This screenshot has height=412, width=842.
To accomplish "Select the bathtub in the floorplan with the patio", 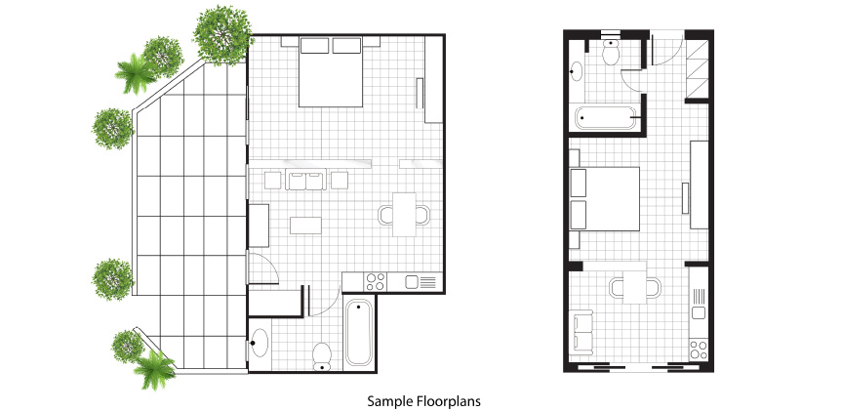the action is click(359, 333).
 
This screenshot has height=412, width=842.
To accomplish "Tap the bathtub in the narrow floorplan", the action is click(605, 118).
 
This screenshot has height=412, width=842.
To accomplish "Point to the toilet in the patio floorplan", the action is click(322, 356).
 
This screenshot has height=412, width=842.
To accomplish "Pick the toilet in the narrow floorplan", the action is click(611, 52).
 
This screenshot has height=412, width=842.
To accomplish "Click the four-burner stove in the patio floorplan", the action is click(376, 281).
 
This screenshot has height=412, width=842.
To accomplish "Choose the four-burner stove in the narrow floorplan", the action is click(699, 350).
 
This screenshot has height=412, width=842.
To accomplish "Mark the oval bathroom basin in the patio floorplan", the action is click(260, 343).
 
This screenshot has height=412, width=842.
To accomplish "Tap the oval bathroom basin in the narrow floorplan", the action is click(578, 71).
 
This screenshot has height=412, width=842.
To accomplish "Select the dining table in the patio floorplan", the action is click(404, 215).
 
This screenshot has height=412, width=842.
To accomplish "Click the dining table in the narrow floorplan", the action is click(634, 287).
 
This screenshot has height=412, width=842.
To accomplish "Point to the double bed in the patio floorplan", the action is click(330, 71).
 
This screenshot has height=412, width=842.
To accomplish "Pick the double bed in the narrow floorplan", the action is click(605, 199).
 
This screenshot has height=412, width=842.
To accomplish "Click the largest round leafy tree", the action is click(222, 35).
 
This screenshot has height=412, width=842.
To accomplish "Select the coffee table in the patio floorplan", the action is click(305, 226).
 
